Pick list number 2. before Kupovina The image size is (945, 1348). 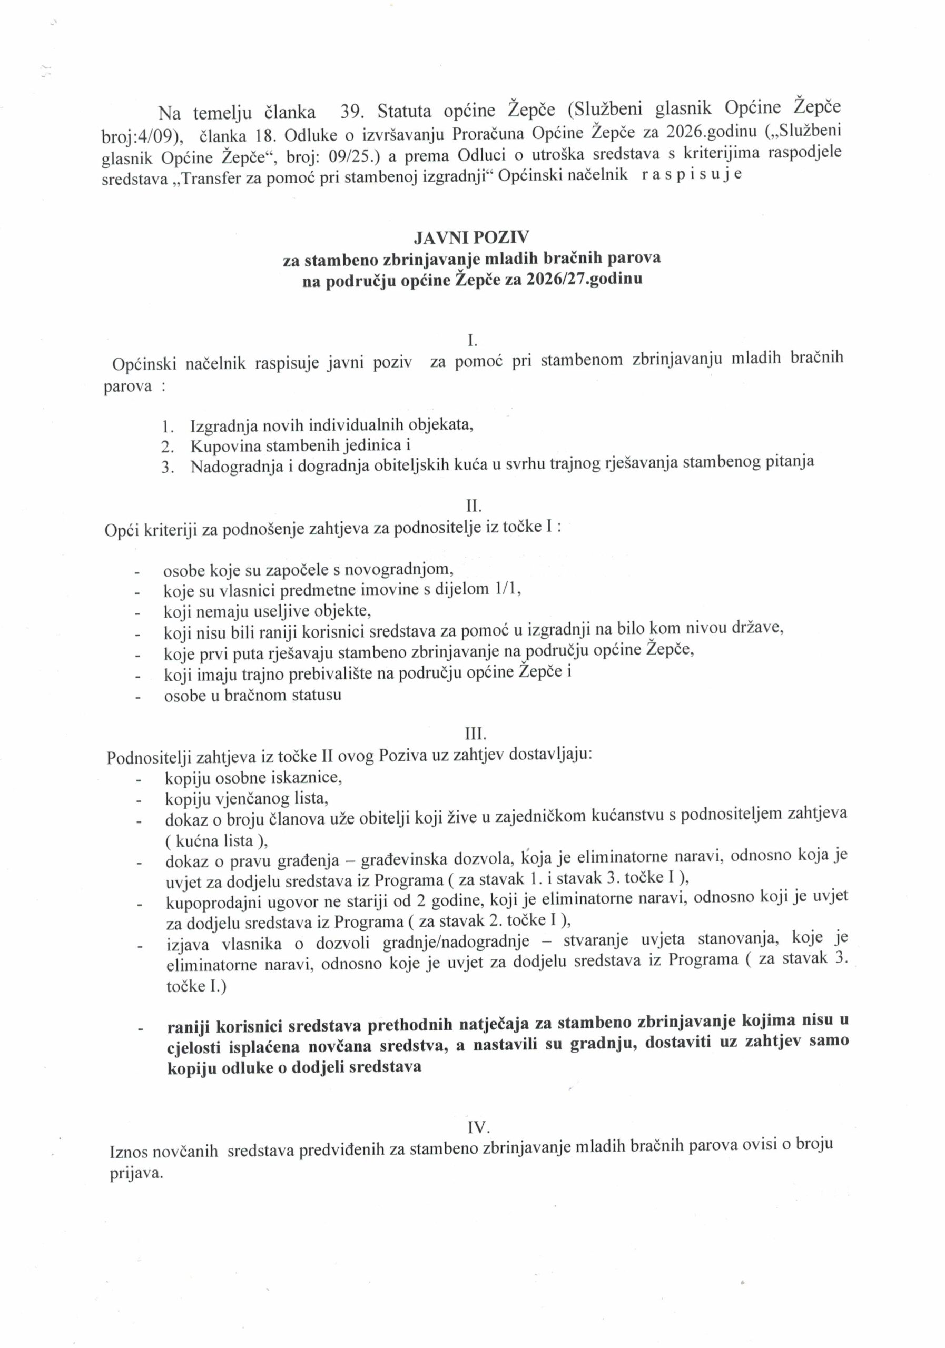click(168, 446)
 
